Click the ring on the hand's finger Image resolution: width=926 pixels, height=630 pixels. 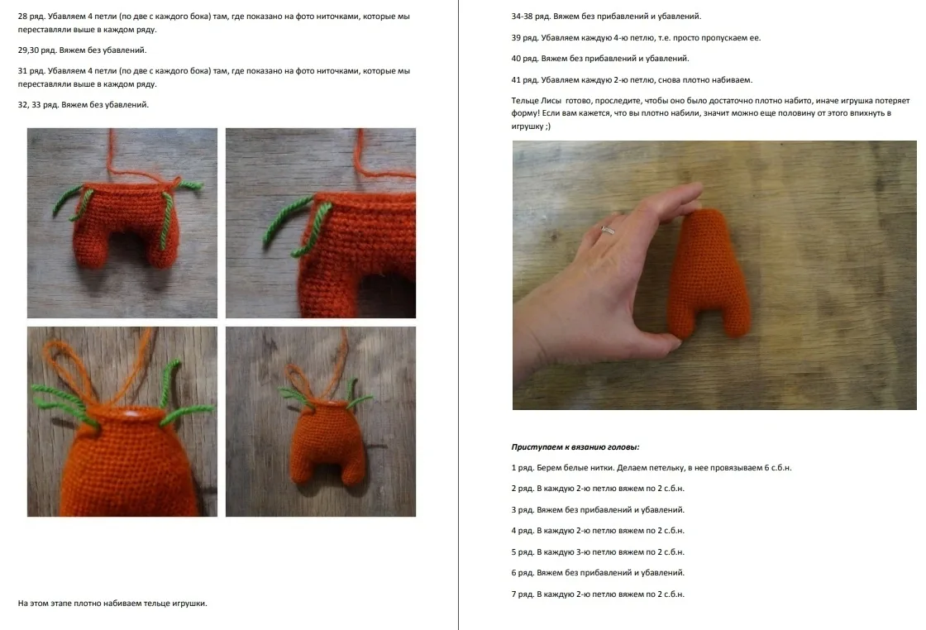[x=608, y=230]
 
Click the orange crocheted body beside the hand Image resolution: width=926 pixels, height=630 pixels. [x=709, y=274]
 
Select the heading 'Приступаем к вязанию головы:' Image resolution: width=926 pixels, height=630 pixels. [x=575, y=447]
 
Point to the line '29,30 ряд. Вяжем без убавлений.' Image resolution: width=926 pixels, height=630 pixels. [x=82, y=50]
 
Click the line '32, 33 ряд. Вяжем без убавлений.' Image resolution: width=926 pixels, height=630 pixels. [x=84, y=104]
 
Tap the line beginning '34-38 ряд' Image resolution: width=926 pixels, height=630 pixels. [x=607, y=17]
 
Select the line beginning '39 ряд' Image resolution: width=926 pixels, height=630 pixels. [x=636, y=38]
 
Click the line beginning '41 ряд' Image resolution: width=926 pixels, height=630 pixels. [x=632, y=79]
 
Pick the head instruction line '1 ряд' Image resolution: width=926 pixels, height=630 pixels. [x=652, y=468]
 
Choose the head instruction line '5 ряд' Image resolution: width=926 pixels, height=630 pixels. [x=598, y=552]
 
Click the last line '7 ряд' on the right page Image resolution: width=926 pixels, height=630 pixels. [x=598, y=594]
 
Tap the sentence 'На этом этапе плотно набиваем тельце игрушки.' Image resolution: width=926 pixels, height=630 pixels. [x=112, y=604]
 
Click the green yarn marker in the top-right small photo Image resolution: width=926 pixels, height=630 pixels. [x=298, y=227]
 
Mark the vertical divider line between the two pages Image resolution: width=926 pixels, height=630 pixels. [x=458, y=315]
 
